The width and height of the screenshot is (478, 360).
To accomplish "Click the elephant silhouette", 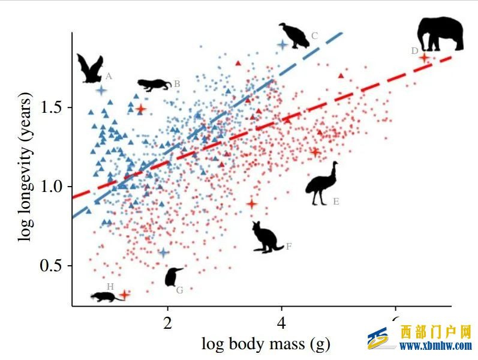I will [x=441, y=34].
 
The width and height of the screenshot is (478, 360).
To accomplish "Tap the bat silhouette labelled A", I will [x=90, y=69].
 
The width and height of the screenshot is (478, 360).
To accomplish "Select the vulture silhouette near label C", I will [x=294, y=35].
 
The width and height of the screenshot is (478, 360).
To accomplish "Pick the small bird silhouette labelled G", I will [x=173, y=277].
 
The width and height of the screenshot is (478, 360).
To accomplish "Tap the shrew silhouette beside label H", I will [x=103, y=296].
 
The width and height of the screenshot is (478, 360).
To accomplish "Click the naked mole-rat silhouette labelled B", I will [x=155, y=84].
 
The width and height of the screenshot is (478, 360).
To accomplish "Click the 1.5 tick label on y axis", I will [x=53, y=107].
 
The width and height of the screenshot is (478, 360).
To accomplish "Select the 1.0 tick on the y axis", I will [x=53, y=187].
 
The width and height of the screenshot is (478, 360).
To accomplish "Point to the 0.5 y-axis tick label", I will [x=53, y=266].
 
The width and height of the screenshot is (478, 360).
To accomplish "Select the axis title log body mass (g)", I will [x=266, y=344].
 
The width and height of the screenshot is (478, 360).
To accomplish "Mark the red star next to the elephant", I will [x=424, y=58].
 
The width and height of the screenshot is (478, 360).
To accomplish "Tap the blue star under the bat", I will [x=101, y=90].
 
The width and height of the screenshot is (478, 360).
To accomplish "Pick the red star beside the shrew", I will [x=125, y=294].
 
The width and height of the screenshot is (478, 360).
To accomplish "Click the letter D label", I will [x=414, y=51].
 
